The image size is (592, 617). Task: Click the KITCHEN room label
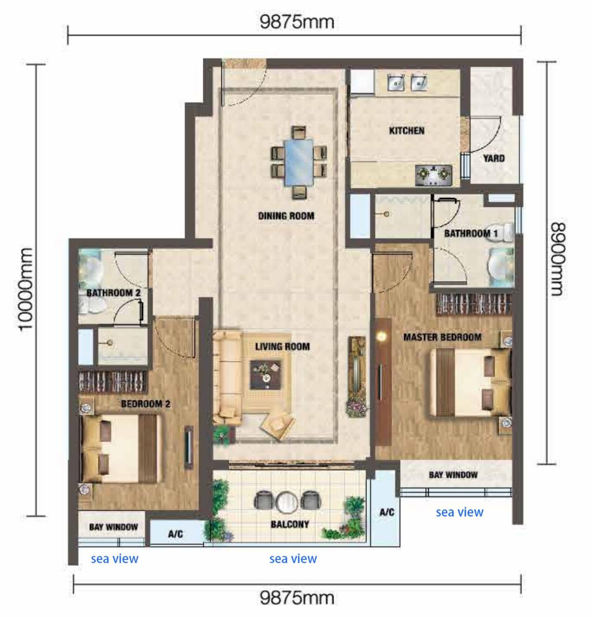[x=406, y=131]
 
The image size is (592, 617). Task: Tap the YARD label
[x=493, y=158]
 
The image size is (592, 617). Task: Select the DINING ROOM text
[x=286, y=216]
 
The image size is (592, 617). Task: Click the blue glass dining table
[x=299, y=162]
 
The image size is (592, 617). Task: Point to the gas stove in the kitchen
[x=434, y=175]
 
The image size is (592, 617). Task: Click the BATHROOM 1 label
[x=471, y=233]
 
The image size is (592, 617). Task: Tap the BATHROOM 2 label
[x=113, y=293]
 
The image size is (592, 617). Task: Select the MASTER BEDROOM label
[x=442, y=337]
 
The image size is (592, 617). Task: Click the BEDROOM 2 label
[x=146, y=404]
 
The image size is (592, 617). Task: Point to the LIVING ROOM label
[x=282, y=347]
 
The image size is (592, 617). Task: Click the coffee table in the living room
[x=266, y=375]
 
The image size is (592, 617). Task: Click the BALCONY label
[x=290, y=525]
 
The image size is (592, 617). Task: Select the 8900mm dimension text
[x=557, y=259]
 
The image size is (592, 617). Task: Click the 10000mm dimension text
[x=26, y=289]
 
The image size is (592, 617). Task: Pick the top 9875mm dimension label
[x=297, y=22]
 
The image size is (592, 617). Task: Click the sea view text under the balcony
[x=293, y=559]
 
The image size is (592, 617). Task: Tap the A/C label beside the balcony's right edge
[x=387, y=512]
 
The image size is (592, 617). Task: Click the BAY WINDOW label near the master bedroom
[x=453, y=475]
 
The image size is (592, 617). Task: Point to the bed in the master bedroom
[x=470, y=382]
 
